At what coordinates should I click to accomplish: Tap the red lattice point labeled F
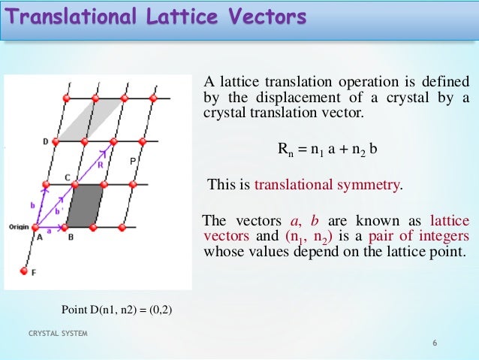point(24,271)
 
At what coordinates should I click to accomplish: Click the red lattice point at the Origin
point(35,227)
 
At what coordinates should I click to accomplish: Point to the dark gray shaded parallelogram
point(85,205)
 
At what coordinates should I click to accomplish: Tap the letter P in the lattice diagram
point(133,162)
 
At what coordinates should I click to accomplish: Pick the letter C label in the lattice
point(67,177)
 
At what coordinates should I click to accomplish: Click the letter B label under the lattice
point(71,237)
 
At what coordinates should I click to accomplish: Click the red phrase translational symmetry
point(328,185)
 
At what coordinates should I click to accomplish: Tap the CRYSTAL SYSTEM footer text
point(58,334)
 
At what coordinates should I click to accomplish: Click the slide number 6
point(435,343)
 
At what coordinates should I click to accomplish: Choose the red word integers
point(441,237)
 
